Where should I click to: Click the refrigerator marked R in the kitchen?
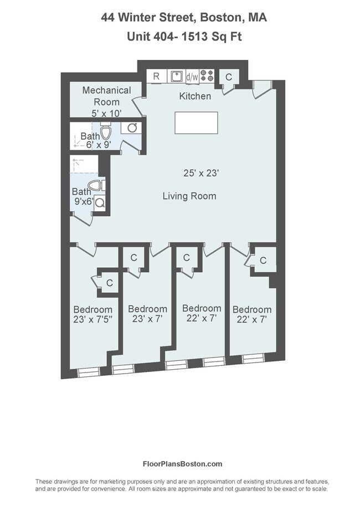point(157,76)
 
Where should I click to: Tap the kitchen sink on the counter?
point(176,76)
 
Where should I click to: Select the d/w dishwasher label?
point(192,77)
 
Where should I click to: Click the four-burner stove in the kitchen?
point(207,76)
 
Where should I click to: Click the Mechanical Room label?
point(106,96)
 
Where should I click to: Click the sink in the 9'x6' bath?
point(100,203)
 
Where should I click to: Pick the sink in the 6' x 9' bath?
point(133,128)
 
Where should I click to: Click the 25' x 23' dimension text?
point(202,173)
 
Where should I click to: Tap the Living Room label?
point(189,196)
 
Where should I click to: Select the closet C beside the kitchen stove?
point(228,77)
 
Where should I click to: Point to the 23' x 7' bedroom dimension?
point(147,319)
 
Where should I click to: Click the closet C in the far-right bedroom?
point(263,261)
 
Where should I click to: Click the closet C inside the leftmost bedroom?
point(109,283)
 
